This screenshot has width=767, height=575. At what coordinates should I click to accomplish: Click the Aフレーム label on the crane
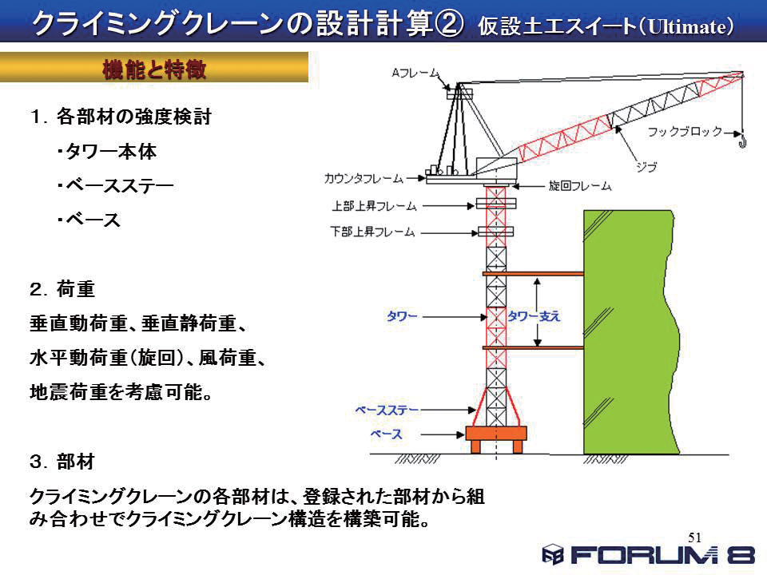[415, 73]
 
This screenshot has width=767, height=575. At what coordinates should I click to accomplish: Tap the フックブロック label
[685, 132]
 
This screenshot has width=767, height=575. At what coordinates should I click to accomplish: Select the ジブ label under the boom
[646, 167]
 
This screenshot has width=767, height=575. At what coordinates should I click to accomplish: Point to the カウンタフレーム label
[364, 178]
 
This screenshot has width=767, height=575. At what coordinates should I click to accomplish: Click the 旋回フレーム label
[580, 186]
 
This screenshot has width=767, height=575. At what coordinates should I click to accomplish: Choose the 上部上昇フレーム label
[374, 206]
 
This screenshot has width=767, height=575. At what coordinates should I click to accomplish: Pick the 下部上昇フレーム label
[373, 232]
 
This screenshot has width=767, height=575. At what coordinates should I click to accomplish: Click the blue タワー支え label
[534, 316]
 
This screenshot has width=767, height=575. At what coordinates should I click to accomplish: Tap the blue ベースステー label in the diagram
[387, 410]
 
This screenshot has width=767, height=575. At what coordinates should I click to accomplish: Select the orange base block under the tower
[496, 438]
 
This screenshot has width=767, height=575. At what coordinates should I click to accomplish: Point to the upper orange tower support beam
[533, 274]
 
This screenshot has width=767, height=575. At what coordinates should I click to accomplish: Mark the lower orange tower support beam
[533, 347]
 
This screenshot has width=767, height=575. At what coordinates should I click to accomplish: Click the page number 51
[694, 537]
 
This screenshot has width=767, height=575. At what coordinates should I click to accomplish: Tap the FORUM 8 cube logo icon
[553, 554]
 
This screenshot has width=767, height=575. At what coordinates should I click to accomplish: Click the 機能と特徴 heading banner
[154, 67]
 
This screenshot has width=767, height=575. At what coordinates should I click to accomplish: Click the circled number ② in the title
[448, 24]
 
